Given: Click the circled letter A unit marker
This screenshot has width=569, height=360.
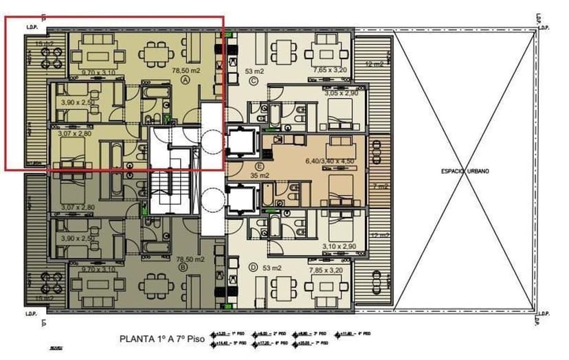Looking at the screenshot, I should (185, 80).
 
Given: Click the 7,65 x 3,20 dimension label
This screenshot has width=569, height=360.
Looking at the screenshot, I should (329, 70).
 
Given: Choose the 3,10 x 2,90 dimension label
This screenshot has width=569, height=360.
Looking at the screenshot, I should (337, 245).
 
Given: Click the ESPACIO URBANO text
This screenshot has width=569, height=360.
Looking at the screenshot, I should (465, 171).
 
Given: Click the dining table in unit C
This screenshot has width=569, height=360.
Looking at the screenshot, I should (322, 50).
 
